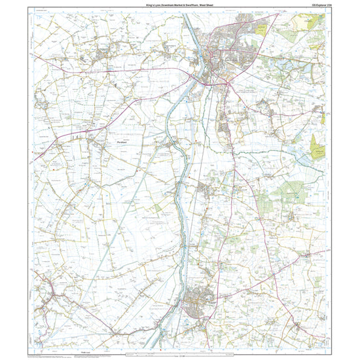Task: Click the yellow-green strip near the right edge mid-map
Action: (317, 146)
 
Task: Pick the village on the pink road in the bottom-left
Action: (46, 304)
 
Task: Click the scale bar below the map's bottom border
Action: (180, 354)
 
